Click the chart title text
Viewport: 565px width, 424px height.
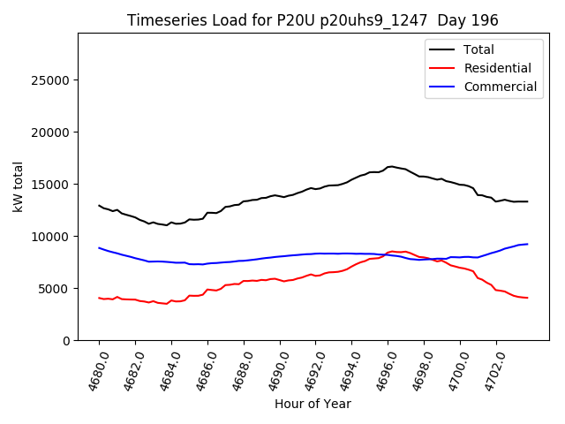point(313,20)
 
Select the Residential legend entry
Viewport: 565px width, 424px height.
point(496,68)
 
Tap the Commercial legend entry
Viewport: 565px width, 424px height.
point(500,87)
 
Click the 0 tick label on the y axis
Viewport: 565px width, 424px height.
point(66,341)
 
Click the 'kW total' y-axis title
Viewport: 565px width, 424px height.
point(18,186)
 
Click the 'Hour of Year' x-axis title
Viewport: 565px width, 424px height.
point(313,404)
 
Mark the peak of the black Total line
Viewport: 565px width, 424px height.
point(390,166)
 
